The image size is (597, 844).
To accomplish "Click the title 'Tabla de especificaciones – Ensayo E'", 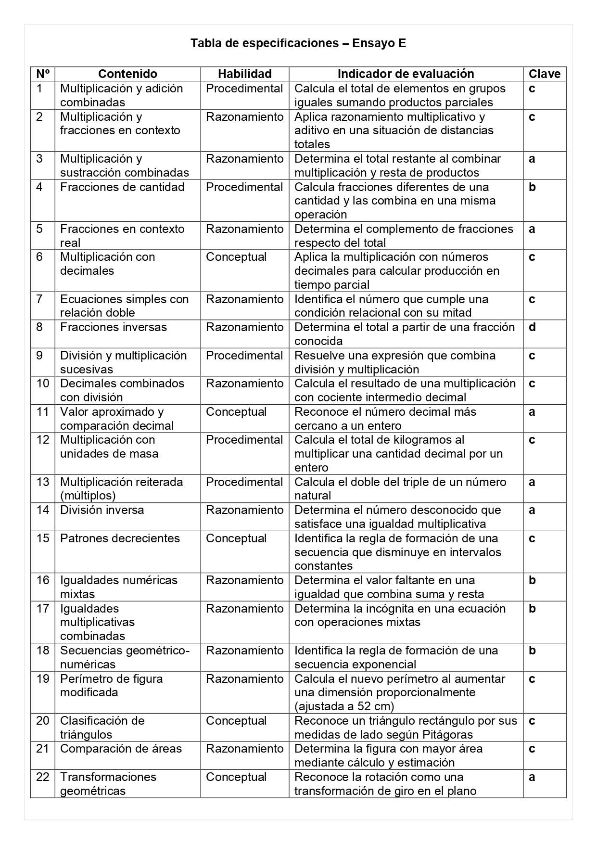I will (x=298, y=43).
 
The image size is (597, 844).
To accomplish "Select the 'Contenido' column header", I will (x=127, y=74).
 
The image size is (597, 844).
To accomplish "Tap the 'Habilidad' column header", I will (x=244, y=74).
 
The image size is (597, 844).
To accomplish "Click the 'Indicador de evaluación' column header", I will (x=406, y=74).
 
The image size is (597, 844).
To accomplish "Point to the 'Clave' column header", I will (x=545, y=74).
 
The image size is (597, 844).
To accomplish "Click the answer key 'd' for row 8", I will (x=532, y=327).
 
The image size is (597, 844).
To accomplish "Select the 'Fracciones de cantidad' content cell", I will (x=122, y=187).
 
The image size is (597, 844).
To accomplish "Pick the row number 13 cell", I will (x=43, y=482).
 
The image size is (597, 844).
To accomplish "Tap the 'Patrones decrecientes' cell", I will (x=120, y=538).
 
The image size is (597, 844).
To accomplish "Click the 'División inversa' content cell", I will (x=102, y=510).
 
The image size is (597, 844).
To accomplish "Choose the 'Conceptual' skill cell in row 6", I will (x=236, y=257).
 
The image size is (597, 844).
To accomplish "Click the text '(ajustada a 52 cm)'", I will (x=344, y=706).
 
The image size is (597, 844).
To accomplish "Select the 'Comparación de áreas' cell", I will (x=121, y=749).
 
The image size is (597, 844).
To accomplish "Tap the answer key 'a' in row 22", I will (x=532, y=777).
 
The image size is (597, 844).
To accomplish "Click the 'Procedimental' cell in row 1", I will (x=244, y=89).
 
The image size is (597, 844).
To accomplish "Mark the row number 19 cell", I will (x=43, y=679).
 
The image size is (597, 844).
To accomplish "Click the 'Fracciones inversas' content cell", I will (x=114, y=327).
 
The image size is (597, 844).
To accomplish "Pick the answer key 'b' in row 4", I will (x=532, y=187).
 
